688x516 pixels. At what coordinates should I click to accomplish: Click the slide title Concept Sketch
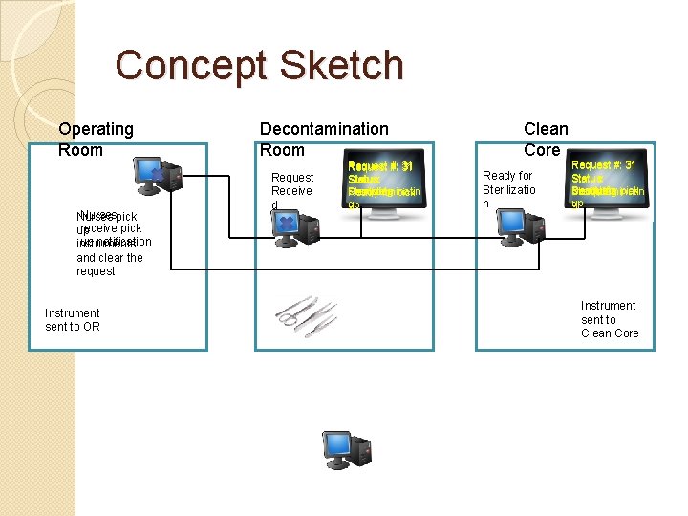(x=259, y=66)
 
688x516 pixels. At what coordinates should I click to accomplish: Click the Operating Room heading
(x=96, y=140)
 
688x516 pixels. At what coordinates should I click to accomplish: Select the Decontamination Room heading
(x=324, y=140)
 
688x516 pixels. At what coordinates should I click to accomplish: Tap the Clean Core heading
(x=545, y=140)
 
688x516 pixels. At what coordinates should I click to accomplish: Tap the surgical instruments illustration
(x=307, y=312)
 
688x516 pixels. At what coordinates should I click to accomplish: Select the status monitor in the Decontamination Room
(x=384, y=185)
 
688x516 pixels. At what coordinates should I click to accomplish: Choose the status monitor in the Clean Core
(x=607, y=184)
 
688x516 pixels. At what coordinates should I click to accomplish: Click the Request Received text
(x=291, y=191)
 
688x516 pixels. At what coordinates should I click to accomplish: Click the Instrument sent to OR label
(x=73, y=320)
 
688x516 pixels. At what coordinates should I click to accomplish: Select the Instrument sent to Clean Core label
(x=609, y=320)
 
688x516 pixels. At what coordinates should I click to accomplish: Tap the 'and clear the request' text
(x=109, y=265)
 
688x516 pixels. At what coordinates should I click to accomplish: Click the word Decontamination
(x=324, y=129)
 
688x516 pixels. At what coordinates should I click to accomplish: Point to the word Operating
(x=96, y=129)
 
